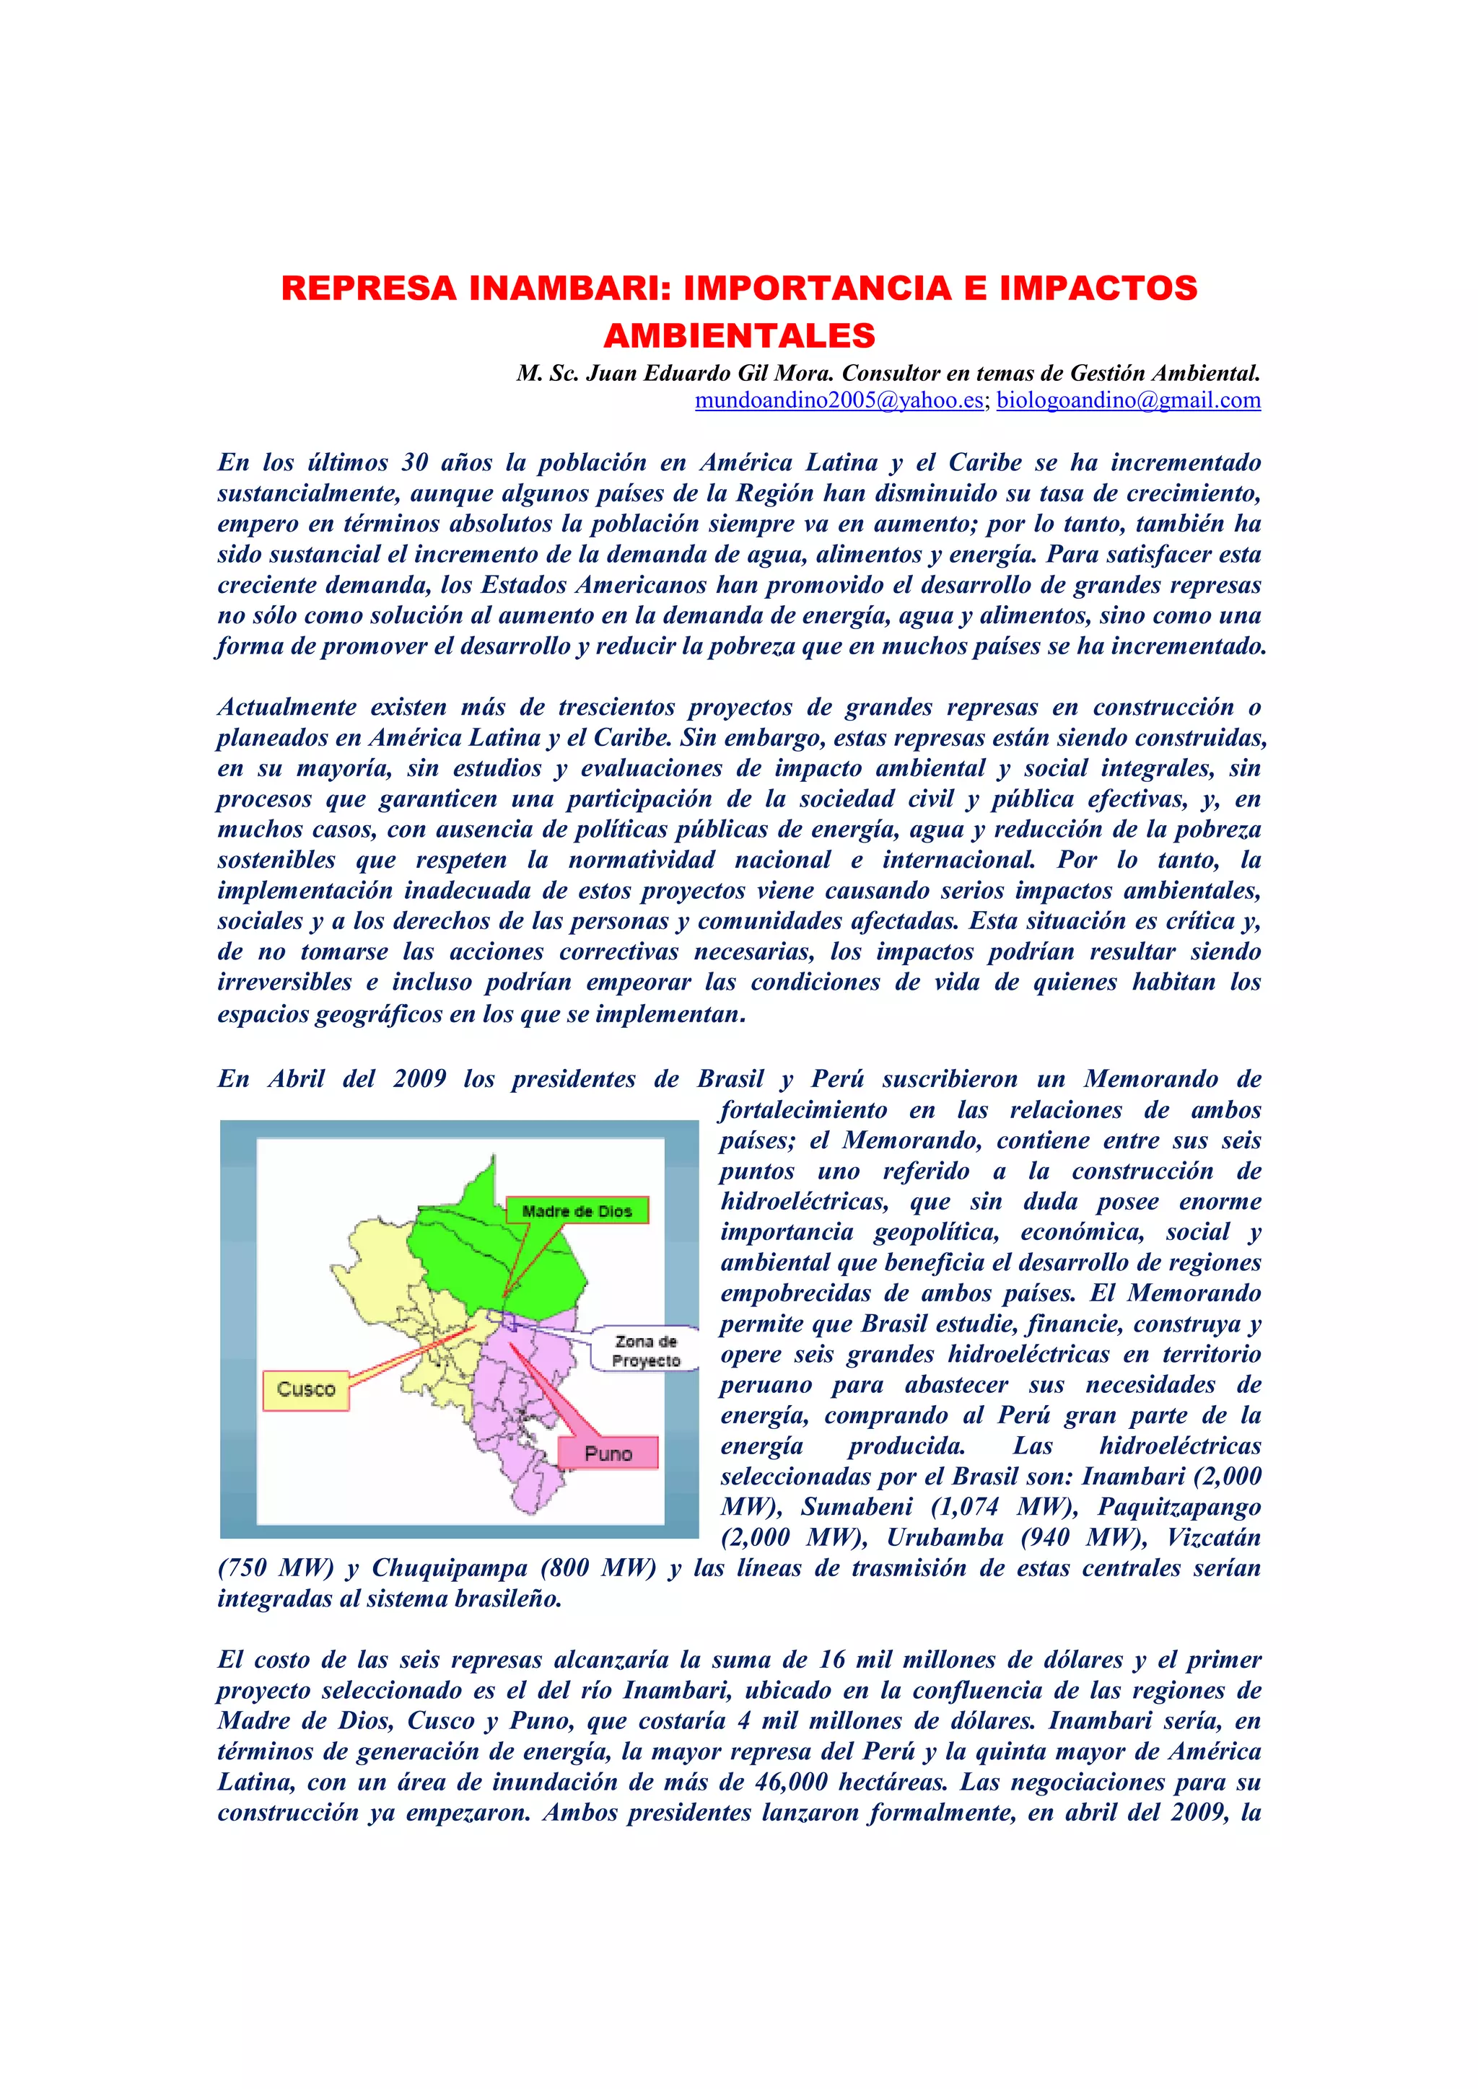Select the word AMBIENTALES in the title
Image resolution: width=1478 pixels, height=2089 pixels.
739,335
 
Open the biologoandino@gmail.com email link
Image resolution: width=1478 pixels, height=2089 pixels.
1129,400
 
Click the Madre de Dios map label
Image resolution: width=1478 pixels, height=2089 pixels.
577,1211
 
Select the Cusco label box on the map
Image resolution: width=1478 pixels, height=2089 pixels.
306,1389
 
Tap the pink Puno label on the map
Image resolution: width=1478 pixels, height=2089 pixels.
608,1453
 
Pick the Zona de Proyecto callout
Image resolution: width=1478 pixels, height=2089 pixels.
645,1351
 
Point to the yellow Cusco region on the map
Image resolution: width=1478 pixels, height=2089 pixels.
401,1292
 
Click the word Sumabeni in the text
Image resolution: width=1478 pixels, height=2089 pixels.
855,1507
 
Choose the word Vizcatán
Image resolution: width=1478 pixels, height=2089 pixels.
1213,1538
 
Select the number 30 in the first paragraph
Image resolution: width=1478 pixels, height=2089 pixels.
415,462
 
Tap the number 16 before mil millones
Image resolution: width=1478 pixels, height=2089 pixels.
832,1660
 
